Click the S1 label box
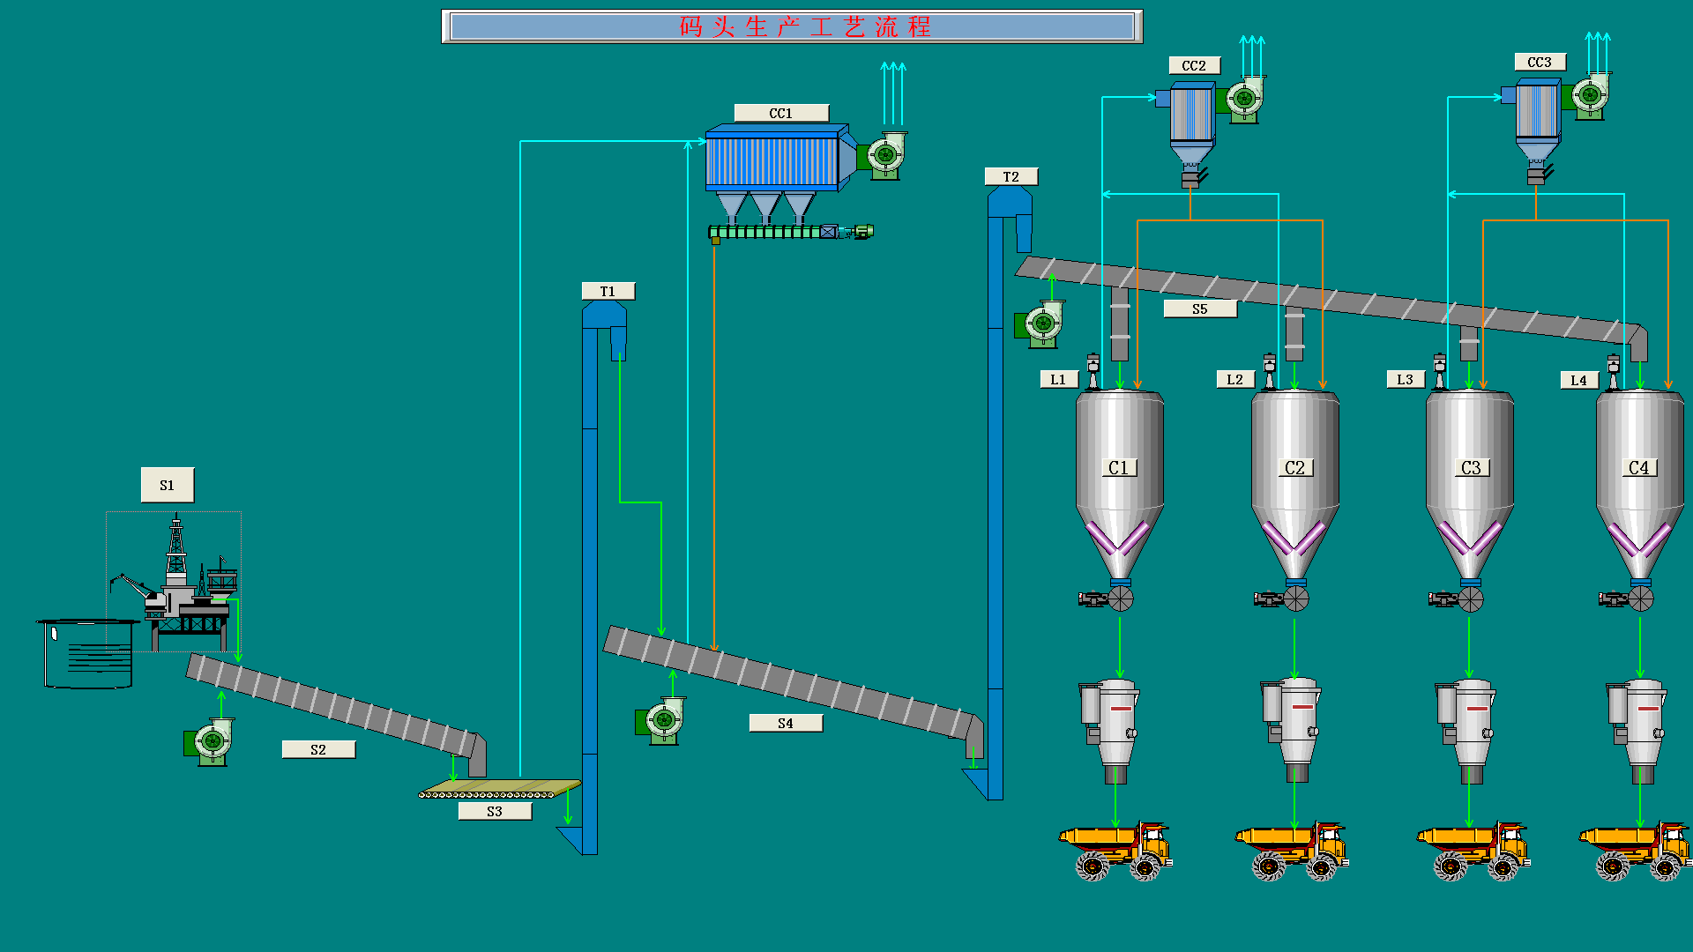point(168,485)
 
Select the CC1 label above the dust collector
point(781,113)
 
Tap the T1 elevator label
point(608,291)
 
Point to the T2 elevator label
point(1011,176)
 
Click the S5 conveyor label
point(1199,309)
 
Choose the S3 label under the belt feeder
point(495,811)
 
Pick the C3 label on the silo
point(1471,468)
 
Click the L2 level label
point(1234,379)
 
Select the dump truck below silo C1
point(1115,850)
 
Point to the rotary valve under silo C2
point(1295,599)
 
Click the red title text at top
point(804,26)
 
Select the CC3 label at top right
point(1540,62)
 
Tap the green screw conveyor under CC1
point(776,232)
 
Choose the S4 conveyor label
point(786,723)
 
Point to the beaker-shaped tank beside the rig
point(88,652)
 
